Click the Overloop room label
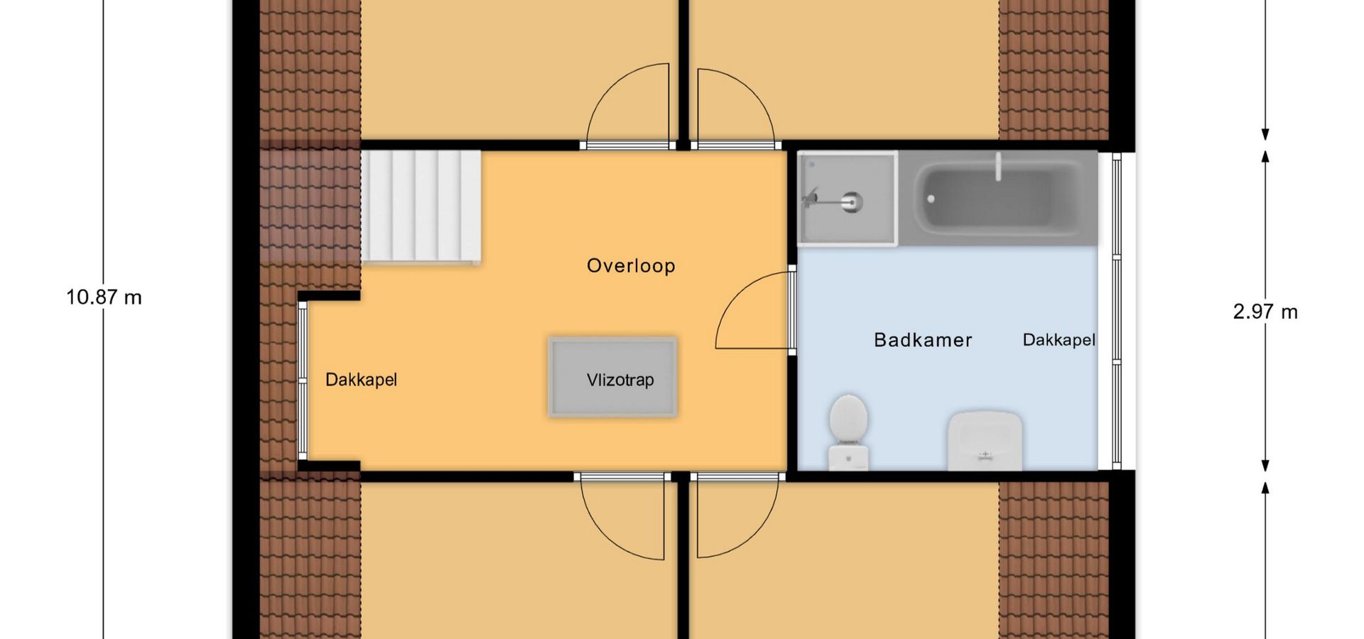tap(631, 266)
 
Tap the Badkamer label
tap(923, 340)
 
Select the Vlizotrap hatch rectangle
tap(612, 377)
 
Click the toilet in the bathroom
tap(848, 432)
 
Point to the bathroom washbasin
tap(985, 441)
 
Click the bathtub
tap(997, 198)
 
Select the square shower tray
tap(847, 198)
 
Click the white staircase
tap(421, 207)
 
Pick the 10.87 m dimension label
tap(104, 297)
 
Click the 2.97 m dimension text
tap(1265, 312)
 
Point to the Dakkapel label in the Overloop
tap(361, 380)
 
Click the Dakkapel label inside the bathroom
tap(1059, 340)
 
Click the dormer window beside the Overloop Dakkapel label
tap(303, 381)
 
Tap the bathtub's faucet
tap(998, 166)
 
